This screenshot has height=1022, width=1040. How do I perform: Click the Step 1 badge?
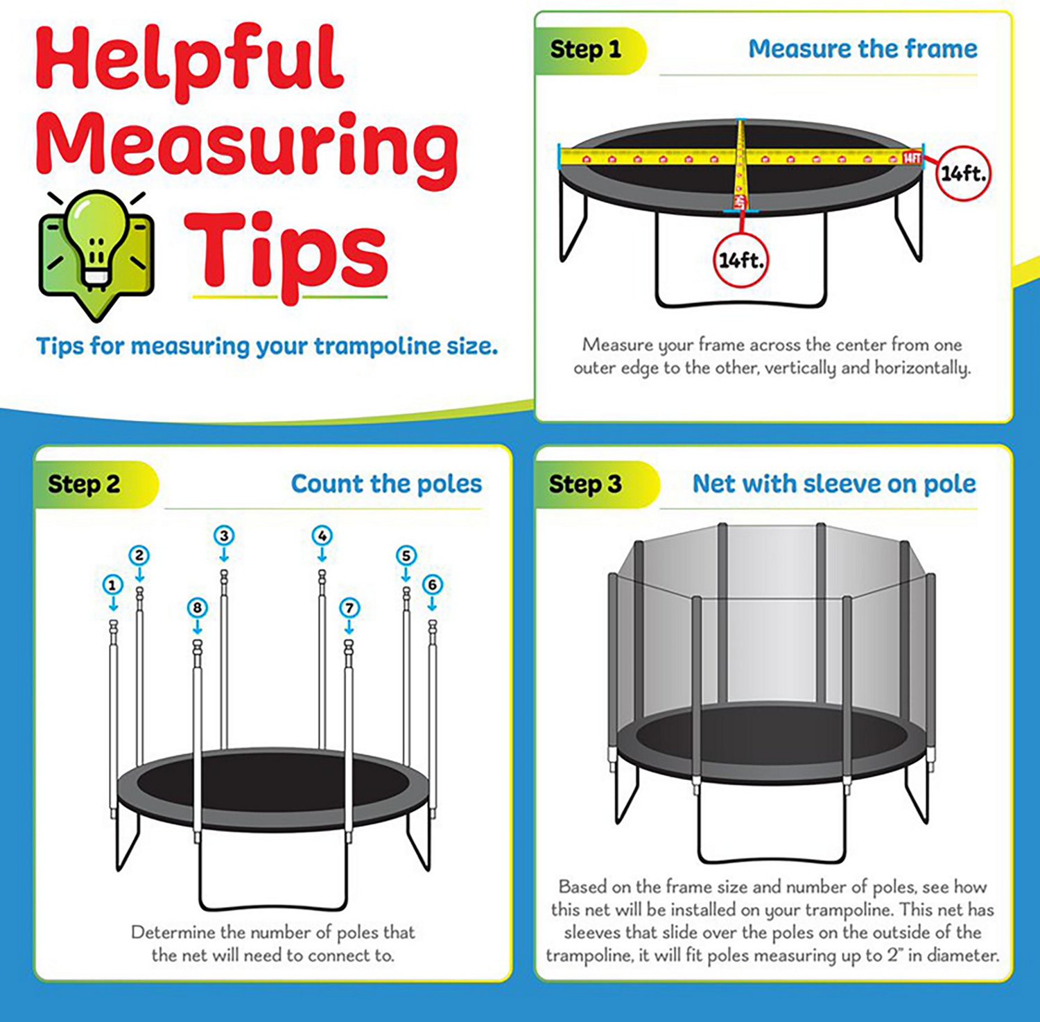586,50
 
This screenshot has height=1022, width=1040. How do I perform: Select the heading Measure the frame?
863,49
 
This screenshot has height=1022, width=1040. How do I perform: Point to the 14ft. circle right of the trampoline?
963,173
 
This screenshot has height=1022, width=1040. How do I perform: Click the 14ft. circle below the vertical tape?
741,261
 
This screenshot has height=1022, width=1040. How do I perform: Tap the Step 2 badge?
85,484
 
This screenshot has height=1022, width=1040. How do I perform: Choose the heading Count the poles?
386,483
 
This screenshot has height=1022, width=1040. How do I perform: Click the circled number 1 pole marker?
112,584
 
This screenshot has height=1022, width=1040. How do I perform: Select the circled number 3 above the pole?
224,535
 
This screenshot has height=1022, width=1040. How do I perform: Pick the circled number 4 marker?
322,535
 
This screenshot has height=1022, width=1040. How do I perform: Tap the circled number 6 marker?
433,584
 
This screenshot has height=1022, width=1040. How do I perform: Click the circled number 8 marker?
198,608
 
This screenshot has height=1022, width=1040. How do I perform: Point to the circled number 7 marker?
349,608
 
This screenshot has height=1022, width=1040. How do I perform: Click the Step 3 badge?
585,484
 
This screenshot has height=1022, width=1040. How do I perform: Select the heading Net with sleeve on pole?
834,483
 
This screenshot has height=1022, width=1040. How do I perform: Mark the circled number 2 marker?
139,555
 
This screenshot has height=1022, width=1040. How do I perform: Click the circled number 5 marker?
406,555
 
